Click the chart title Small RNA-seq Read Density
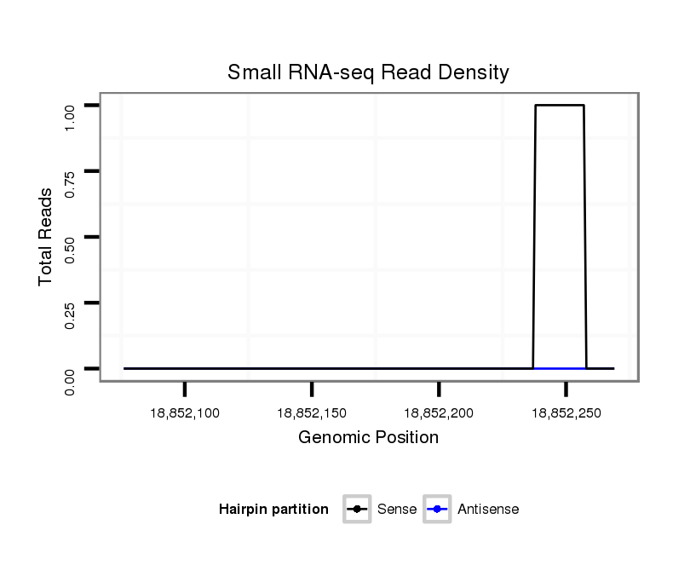(x=368, y=72)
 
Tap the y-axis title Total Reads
(x=46, y=236)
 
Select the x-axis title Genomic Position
(x=368, y=438)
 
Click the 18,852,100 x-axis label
(x=184, y=413)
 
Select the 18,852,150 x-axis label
(x=312, y=413)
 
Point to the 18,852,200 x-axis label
(x=439, y=413)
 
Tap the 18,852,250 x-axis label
(x=566, y=413)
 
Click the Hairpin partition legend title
(x=273, y=510)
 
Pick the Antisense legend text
(x=488, y=510)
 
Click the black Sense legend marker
(x=357, y=510)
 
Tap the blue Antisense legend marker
(x=436, y=510)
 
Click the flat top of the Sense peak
(x=559, y=106)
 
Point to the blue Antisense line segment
(x=560, y=368)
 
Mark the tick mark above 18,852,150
(x=312, y=389)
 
